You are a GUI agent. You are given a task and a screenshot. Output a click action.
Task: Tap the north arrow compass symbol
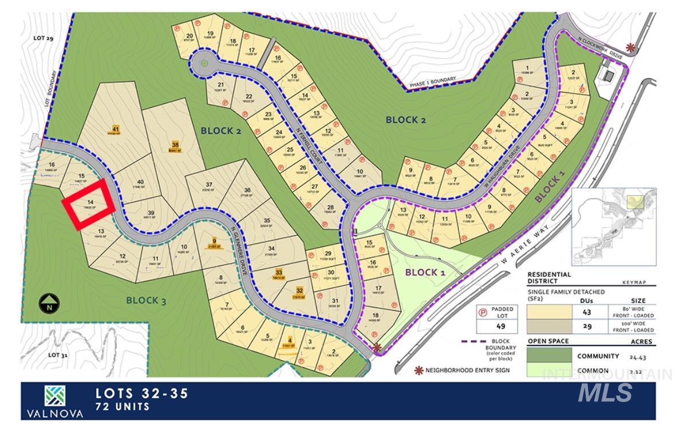[x=50, y=302]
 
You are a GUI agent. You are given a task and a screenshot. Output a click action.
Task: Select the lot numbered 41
[x=115, y=130]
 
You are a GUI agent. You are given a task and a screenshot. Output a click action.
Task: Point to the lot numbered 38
[x=175, y=146]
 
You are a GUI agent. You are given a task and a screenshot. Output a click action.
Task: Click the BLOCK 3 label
[x=146, y=300]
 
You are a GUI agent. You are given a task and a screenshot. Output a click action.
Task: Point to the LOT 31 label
[x=57, y=355]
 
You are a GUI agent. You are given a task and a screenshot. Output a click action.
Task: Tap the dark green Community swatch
[x=549, y=356]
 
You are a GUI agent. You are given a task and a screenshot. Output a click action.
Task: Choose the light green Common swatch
[x=549, y=371]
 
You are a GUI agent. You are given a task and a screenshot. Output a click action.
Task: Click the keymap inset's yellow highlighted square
[x=635, y=201]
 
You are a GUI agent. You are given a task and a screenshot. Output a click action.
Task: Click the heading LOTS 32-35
[x=141, y=393]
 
